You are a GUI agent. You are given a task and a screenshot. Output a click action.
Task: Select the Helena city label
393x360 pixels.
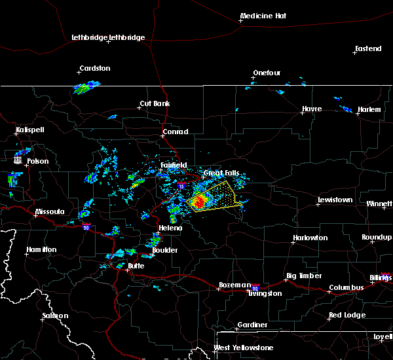pyautogui.click(x=170, y=228)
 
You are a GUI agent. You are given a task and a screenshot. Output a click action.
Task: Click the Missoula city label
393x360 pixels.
pyautogui.click(x=50, y=211)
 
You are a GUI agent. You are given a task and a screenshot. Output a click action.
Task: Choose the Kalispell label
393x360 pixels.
pyautogui.click(x=30, y=130)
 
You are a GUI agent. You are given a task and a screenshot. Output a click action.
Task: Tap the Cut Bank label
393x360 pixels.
pyautogui.click(x=155, y=104)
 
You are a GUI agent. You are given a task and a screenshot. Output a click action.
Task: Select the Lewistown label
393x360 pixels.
pyautogui.click(x=335, y=200)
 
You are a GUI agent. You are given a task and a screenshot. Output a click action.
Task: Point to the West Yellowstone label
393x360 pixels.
pyautogui.click(x=243, y=348)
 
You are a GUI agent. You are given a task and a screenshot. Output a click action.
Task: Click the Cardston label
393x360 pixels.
pyautogui.click(x=94, y=68)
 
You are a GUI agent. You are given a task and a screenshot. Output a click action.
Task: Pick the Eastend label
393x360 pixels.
pyautogui.click(x=367, y=49)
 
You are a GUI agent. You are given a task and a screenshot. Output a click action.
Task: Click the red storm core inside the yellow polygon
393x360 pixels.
pyautogui.click(x=199, y=203)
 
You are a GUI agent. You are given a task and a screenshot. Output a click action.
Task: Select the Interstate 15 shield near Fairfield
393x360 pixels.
pyautogui.click(x=181, y=186)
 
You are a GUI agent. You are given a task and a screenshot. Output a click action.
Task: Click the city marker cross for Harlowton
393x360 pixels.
pyautogui.click(x=293, y=242)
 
